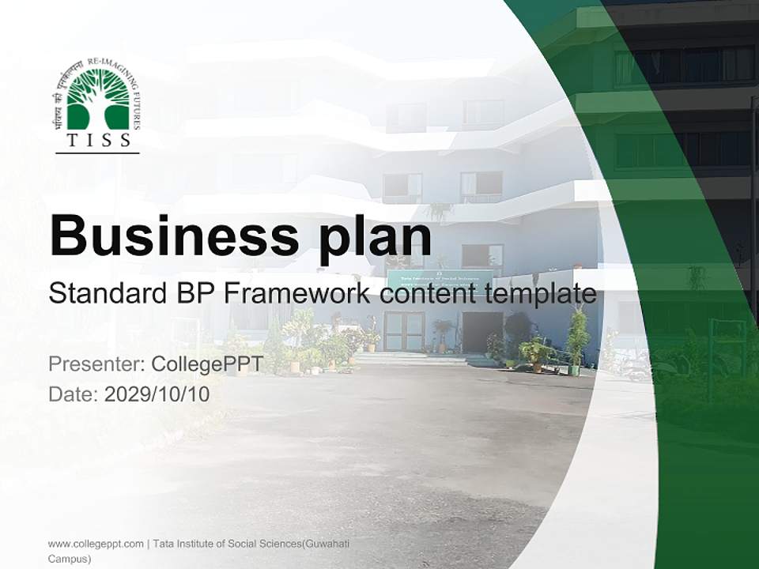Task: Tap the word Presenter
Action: (x=96, y=364)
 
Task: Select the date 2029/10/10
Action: (x=157, y=394)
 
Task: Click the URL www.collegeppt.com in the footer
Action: (x=96, y=544)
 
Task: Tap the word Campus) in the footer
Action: (x=70, y=559)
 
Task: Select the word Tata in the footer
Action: (x=163, y=544)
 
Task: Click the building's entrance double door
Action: (x=403, y=331)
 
